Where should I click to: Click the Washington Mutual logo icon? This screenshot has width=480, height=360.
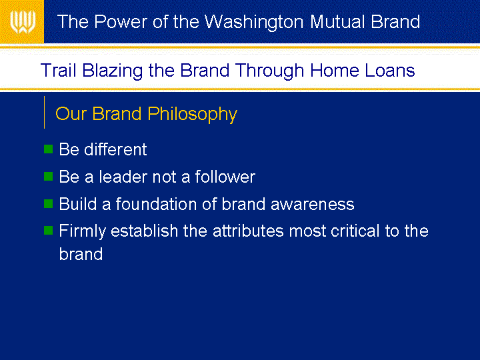(x=23, y=22)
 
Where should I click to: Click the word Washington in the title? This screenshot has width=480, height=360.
(x=254, y=23)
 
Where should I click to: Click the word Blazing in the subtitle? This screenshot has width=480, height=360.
(x=113, y=71)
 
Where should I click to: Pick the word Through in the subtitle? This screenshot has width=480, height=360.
(x=270, y=71)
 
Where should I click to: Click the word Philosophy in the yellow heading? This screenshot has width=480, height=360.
(x=192, y=115)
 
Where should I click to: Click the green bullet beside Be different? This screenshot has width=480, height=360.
(x=49, y=149)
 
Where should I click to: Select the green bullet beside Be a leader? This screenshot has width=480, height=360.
(x=49, y=176)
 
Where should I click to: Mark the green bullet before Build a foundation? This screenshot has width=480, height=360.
(x=49, y=203)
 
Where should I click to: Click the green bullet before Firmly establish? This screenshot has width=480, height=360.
(x=49, y=230)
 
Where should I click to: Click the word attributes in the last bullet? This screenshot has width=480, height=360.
(x=248, y=231)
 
